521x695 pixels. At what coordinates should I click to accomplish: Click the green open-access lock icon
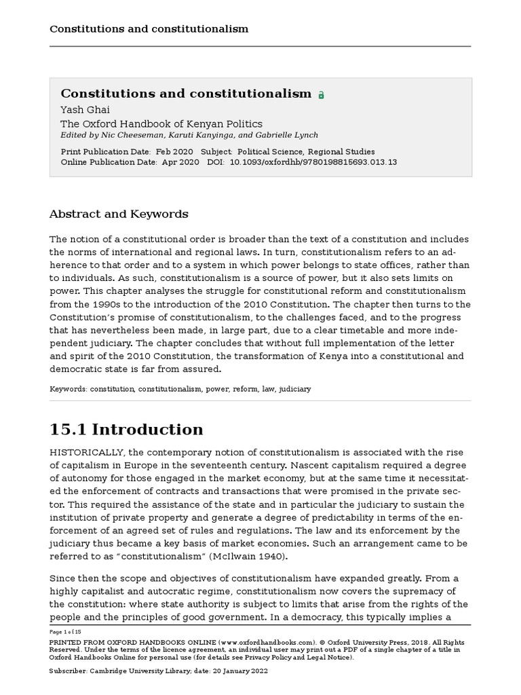click(x=321, y=95)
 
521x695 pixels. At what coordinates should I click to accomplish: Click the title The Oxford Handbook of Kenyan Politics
click(x=161, y=124)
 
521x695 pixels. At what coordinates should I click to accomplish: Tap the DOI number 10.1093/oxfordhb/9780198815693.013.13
click(x=313, y=162)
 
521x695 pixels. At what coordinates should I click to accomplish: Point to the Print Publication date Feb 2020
click(x=174, y=151)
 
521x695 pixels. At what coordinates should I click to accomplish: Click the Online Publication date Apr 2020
click(x=180, y=162)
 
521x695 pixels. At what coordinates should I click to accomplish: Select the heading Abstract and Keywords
click(x=119, y=214)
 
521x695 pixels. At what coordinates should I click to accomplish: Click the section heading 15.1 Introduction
click(x=126, y=430)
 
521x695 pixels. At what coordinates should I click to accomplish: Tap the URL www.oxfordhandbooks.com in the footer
click(x=268, y=641)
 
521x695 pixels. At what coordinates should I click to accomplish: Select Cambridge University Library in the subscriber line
click(x=144, y=671)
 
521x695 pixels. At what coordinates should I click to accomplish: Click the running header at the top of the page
click(x=149, y=29)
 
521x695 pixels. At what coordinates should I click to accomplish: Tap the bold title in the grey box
click(x=186, y=94)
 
